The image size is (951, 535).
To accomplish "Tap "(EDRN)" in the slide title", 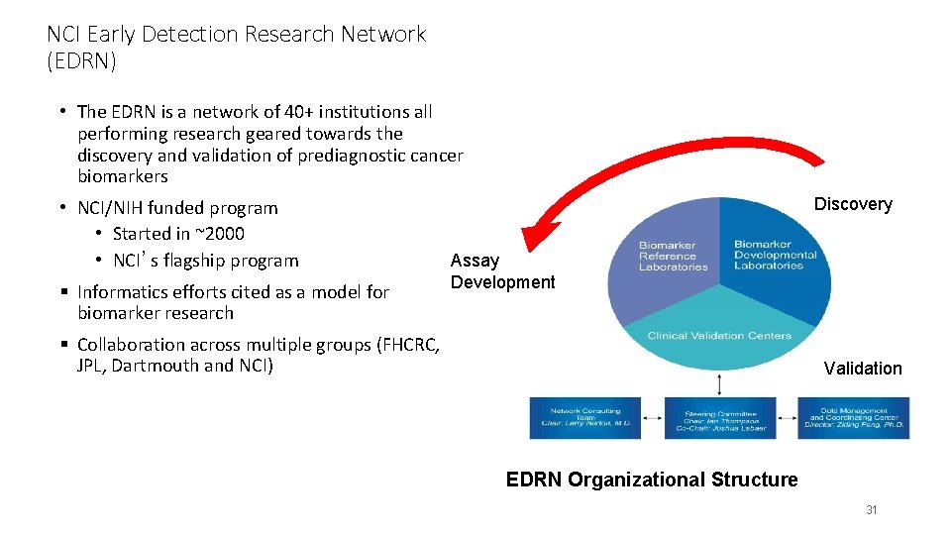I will (x=81, y=61).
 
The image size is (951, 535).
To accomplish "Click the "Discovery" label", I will (x=853, y=204).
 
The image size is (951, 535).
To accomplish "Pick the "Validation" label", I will (x=863, y=369).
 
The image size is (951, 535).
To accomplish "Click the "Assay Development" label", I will (x=502, y=271).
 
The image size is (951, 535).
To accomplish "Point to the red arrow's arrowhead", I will (x=535, y=238).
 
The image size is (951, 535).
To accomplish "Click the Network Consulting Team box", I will (x=584, y=417).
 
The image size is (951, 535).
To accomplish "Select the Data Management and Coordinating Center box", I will (x=853, y=417).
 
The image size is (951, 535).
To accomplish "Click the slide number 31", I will (x=872, y=510).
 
